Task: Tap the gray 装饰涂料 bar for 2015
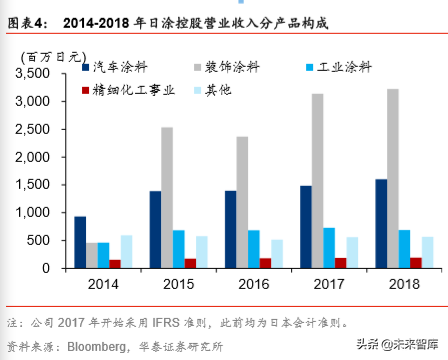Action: coord(167,197)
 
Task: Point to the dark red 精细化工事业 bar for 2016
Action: coord(264,263)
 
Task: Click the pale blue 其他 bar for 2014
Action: coord(125,251)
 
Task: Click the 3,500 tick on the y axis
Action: coord(40,74)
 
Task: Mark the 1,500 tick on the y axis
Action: coord(40,185)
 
